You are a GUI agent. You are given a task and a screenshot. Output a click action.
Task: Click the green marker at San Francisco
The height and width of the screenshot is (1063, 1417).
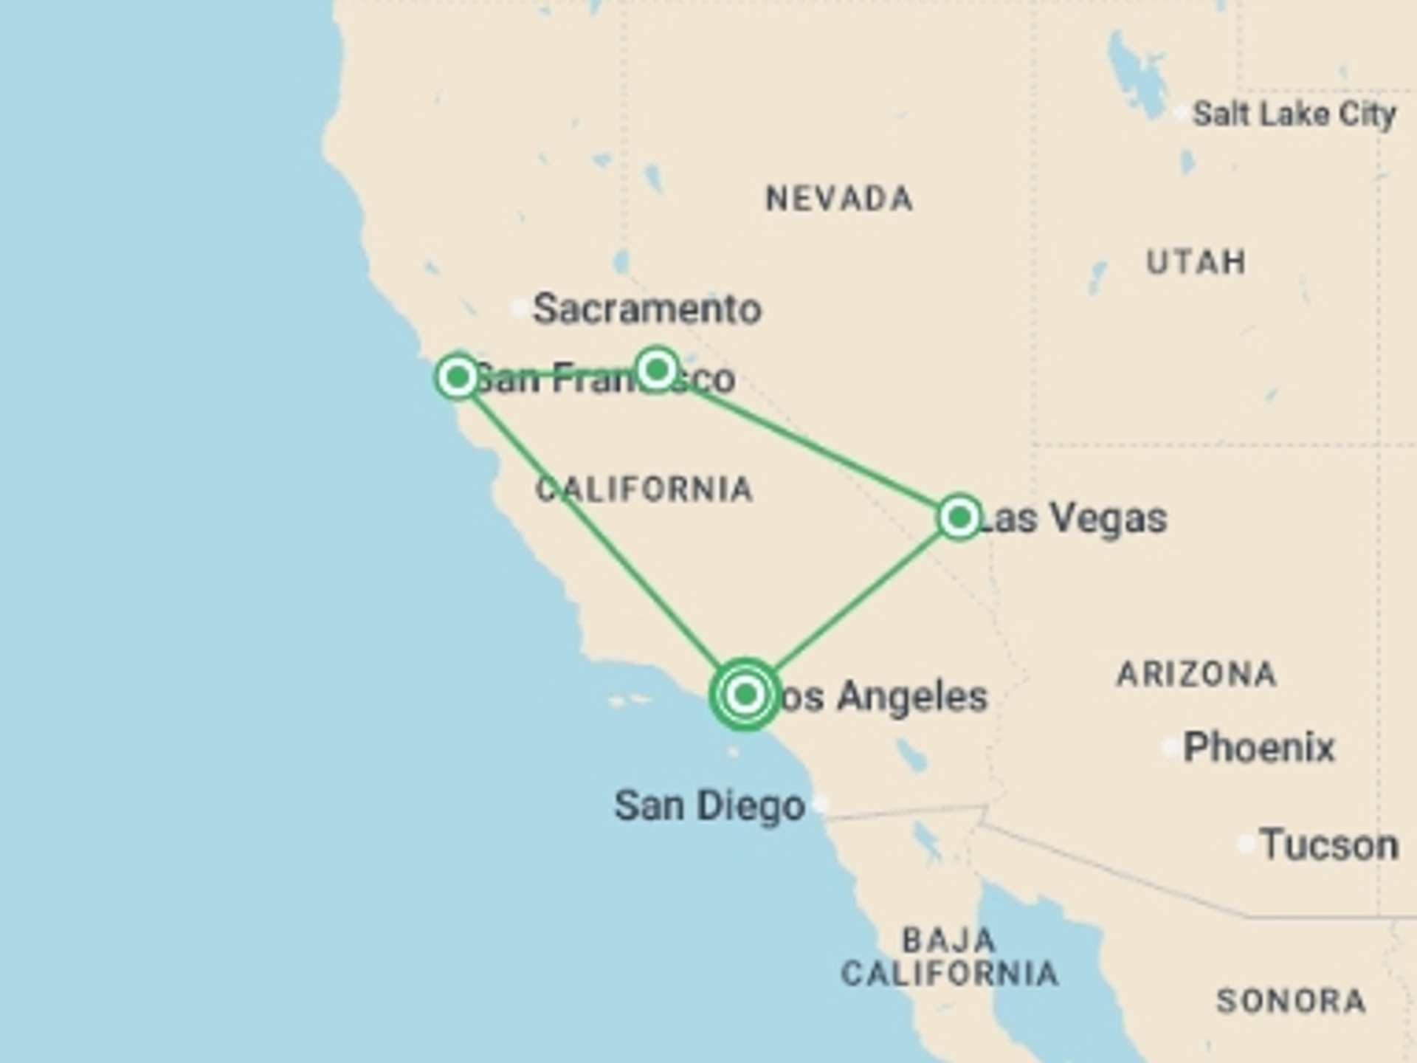click(458, 376)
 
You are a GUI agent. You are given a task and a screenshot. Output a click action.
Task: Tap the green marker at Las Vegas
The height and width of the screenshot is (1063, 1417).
click(959, 517)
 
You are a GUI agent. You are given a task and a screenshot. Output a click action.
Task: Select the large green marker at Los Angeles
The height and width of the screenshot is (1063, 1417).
click(745, 694)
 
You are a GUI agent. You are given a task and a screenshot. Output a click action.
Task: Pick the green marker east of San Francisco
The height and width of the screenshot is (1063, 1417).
click(657, 368)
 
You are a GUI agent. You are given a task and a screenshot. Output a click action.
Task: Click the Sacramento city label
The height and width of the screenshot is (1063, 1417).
click(647, 309)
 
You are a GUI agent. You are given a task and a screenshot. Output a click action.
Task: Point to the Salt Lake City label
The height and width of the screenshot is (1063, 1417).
click(1294, 114)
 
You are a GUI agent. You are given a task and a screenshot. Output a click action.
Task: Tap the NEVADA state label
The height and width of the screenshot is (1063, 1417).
click(839, 199)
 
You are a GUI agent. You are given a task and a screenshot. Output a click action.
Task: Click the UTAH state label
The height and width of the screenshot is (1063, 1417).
click(1196, 262)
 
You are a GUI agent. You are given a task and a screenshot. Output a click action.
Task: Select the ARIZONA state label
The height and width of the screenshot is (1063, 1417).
click(1196, 674)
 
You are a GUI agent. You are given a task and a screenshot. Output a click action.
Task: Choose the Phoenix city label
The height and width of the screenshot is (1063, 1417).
click(1259, 747)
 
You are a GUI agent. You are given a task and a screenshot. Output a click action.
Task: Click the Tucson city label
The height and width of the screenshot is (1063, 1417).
click(1329, 844)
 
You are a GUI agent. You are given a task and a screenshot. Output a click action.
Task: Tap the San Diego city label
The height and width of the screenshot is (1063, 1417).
click(709, 805)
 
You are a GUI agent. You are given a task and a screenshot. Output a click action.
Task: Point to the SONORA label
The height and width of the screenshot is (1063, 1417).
click(1291, 1001)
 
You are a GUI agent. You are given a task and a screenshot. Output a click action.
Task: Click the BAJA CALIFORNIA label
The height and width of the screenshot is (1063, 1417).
click(950, 957)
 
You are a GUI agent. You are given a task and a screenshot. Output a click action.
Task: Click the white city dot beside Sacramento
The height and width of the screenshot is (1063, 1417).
click(520, 308)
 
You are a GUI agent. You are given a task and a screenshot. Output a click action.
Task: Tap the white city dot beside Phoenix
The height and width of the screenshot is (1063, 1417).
click(1171, 747)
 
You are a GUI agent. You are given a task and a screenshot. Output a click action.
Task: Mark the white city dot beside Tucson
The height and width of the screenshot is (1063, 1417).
click(1246, 843)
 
